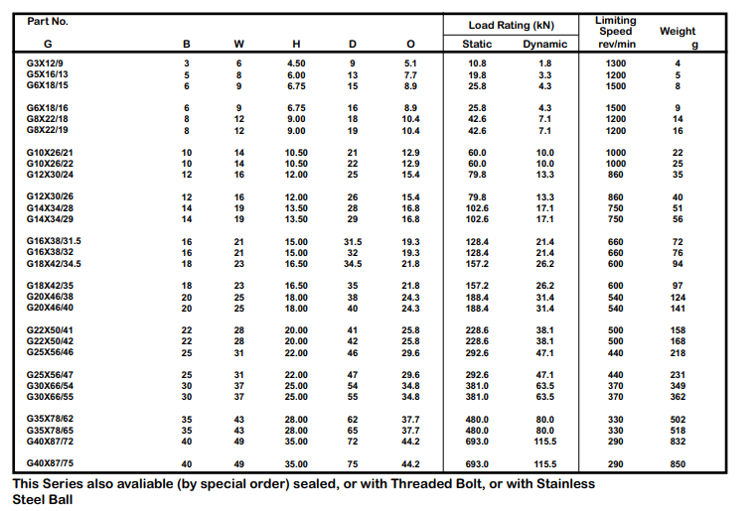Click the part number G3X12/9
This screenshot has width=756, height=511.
pos(45,64)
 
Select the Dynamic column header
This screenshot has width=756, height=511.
pos(544,44)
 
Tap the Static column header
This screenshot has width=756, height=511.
pos(477,44)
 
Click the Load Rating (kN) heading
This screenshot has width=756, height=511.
pos(511,25)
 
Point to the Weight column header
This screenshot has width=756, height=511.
pos(678,31)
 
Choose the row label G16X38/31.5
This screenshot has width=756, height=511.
pos(54,241)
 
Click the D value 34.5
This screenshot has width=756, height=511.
pos(353,264)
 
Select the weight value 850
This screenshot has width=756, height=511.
pos(678,464)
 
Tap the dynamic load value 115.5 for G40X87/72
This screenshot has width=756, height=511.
pos(544,442)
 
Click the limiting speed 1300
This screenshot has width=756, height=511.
pos(616,64)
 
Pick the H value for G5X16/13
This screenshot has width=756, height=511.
pos(296,75)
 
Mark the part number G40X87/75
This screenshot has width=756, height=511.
pos(50,463)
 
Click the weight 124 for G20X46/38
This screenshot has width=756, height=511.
pos(678,298)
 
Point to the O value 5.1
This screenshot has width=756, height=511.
pos(410,64)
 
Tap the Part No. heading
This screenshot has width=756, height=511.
pos(48,21)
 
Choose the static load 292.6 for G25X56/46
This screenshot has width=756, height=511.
pos(477,353)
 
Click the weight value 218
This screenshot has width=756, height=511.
pos(678,353)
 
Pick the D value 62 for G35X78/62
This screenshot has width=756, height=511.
pos(353,420)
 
